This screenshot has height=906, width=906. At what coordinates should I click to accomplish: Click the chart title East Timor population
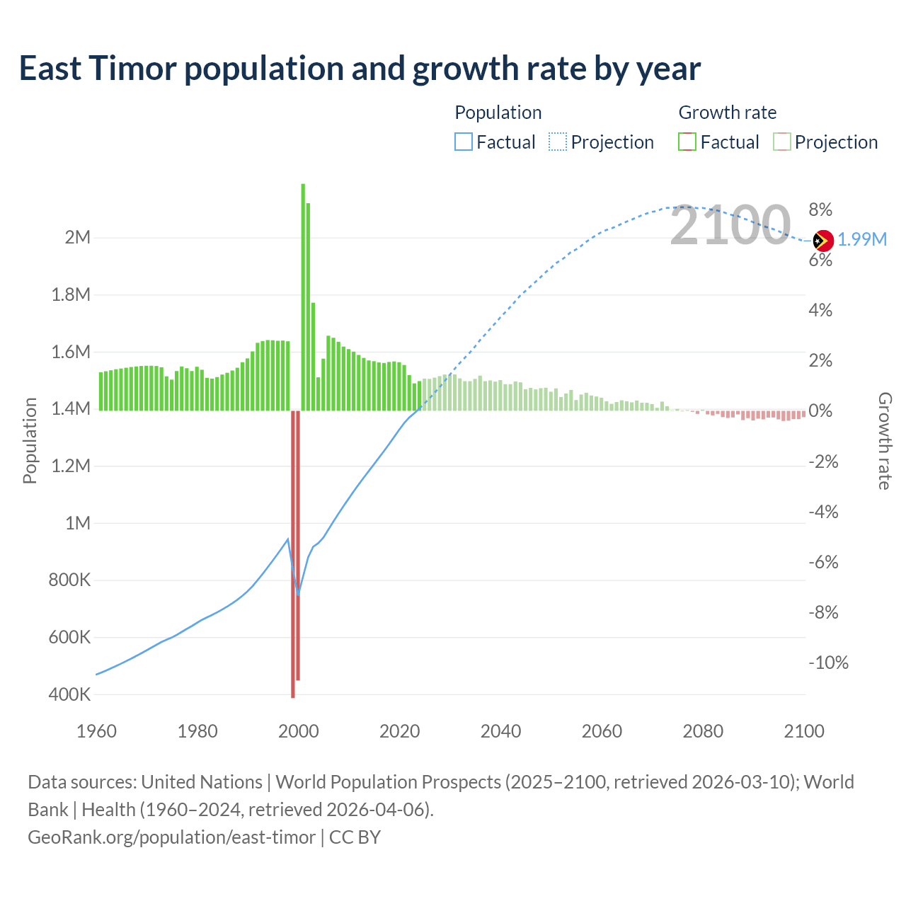pos(360,69)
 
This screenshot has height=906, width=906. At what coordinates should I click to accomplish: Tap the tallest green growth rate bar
pos(303,297)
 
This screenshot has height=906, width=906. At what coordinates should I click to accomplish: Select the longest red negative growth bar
pos(293,554)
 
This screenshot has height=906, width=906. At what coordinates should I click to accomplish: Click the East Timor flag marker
pos(823,241)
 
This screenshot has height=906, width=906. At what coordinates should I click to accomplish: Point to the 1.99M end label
pos(862,239)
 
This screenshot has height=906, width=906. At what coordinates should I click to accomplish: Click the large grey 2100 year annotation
pos(730,226)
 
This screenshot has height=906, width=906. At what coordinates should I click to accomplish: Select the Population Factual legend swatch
pos(464,142)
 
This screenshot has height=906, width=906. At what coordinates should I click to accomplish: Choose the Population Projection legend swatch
pos(558,142)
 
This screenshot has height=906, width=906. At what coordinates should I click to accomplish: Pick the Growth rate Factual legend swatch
pos(687,142)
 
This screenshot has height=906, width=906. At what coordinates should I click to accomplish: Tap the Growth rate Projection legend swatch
pos(782,142)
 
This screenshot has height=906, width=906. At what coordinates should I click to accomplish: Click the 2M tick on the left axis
pos(78,237)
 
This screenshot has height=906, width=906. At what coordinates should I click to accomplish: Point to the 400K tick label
pos(70,694)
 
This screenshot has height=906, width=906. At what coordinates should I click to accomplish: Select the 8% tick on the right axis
pos(820,210)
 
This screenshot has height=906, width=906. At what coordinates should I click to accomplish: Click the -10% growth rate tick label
pos(828,663)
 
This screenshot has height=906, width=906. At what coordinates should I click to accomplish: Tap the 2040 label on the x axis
pos(500,731)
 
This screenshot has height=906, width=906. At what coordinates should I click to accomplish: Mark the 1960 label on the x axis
pos(96,731)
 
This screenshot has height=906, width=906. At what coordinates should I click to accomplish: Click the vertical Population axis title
pos(30,440)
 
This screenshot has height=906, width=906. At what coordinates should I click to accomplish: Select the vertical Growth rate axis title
pos(885,441)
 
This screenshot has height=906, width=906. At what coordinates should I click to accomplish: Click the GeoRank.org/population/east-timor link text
pos(171,837)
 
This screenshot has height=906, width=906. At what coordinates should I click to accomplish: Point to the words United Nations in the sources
pos(202,782)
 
